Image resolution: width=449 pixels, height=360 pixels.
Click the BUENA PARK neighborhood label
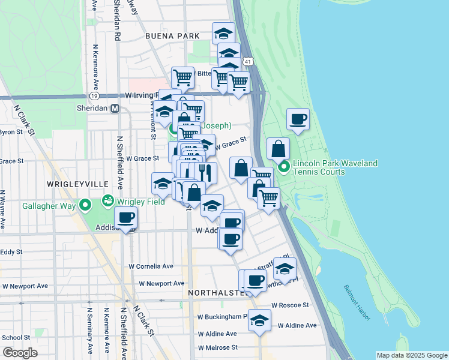(x=172, y=36)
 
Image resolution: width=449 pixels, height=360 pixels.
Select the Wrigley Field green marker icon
(x=108, y=200)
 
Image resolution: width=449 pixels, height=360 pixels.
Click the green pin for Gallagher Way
(x=85, y=206)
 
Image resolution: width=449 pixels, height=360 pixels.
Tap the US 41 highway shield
(x=248, y=61)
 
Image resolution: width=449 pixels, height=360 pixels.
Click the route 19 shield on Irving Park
(x=93, y=95)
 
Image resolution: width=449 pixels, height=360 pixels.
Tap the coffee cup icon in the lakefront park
(x=298, y=119)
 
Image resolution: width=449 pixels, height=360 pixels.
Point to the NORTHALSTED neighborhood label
(x=216, y=293)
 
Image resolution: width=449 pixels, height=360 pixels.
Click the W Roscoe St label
(x=289, y=305)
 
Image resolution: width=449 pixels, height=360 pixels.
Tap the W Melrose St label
(x=218, y=347)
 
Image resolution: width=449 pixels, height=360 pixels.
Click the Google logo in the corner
(x=20, y=353)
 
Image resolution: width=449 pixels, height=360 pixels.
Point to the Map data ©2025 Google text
(x=411, y=355)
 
